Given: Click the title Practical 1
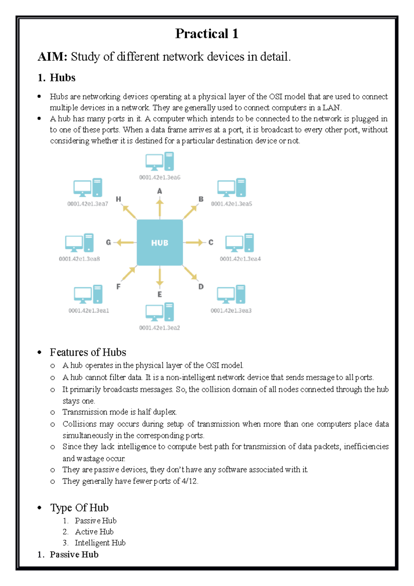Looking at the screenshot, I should (x=207, y=34).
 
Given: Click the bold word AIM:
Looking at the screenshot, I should (x=52, y=57).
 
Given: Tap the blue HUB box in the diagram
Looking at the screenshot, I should (x=160, y=243).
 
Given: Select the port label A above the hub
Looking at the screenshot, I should (x=159, y=191).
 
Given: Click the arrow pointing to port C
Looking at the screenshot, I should (x=194, y=243).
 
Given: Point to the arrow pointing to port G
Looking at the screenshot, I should (x=125, y=243).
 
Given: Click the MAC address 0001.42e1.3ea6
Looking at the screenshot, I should (x=160, y=177).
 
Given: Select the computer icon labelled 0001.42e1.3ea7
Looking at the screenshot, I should (x=88, y=188).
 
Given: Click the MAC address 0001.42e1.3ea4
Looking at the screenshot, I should (x=240, y=259).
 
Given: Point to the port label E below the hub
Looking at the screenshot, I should (x=159, y=294).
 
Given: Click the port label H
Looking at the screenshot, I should (x=118, y=199).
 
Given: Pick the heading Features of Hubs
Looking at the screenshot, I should (x=88, y=352).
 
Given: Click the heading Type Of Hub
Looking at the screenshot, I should (x=79, y=508).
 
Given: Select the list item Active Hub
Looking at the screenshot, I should (x=94, y=532).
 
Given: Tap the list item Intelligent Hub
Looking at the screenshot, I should (x=100, y=543).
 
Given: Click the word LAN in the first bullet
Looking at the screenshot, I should (x=331, y=108).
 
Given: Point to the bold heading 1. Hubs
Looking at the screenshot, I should (x=57, y=78).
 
